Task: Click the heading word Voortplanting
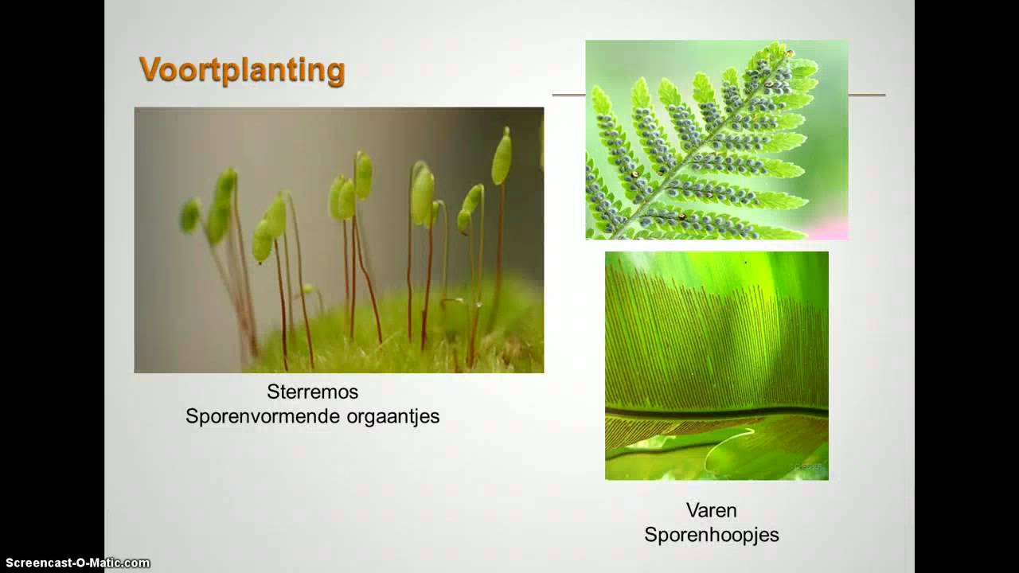click(242, 70)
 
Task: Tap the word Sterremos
click(312, 392)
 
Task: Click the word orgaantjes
click(393, 416)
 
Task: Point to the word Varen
click(711, 510)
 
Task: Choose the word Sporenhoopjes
click(711, 535)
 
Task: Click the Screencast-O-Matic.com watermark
click(77, 563)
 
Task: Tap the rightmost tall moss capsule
click(502, 157)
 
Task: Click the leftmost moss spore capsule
click(189, 216)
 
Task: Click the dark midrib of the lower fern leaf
click(716, 412)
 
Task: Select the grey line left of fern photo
click(568, 95)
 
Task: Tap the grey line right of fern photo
click(866, 95)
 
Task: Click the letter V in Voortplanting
click(149, 70)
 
